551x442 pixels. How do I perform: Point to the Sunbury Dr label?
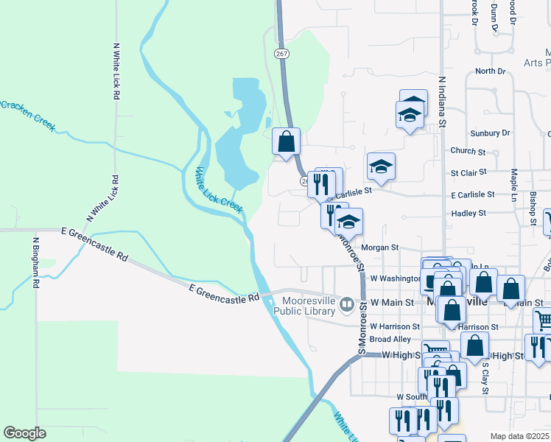(490, 133)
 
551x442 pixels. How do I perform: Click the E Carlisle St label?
(472, 194)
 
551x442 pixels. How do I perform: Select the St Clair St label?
(468, 172)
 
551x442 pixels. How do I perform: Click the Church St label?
(467, 152)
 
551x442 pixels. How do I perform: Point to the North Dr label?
(490, 71)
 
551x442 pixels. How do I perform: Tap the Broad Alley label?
(390, 339)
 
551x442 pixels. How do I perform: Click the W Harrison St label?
(394, 326)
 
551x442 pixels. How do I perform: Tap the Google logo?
(24, 433)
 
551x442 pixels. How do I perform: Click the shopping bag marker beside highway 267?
(286, 141)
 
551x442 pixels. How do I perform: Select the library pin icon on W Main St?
(346, 302)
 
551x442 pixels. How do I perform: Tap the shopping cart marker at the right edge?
(543, 320)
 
